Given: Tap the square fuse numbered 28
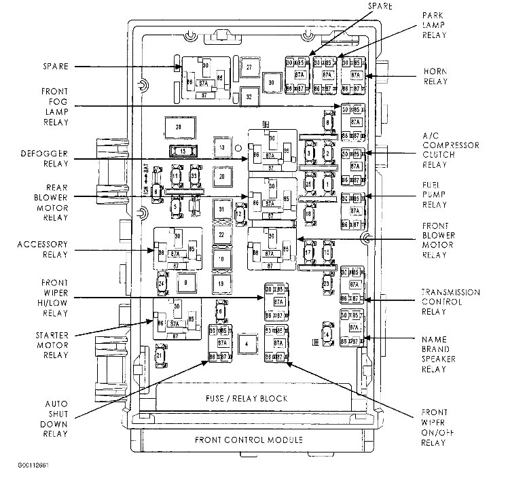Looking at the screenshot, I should [x=179, y=127].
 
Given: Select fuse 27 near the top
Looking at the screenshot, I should [x=250, y=67].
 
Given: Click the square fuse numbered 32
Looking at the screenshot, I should [x=249, y=96].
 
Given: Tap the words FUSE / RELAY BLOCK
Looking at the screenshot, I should [x=246, y=398].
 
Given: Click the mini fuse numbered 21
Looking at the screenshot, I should [x=159, y=355].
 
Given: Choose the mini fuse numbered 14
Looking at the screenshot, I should [x=327, y=334].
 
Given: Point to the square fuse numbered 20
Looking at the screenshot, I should [x=221, y=176].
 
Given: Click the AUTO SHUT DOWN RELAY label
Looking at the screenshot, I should [x=52, y=419].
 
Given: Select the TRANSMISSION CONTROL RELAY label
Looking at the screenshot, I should [x=450, y=302].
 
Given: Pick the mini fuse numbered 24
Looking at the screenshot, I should [x=162, y=282].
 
